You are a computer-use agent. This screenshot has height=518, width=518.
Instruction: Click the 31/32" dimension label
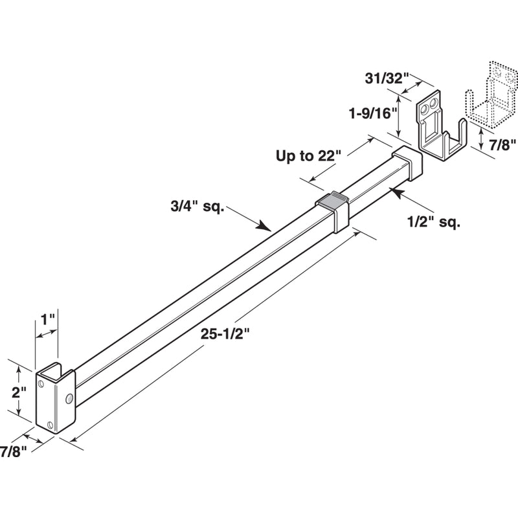point(384,78)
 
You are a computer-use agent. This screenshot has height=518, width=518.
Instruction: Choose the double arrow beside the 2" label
point(21,392)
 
